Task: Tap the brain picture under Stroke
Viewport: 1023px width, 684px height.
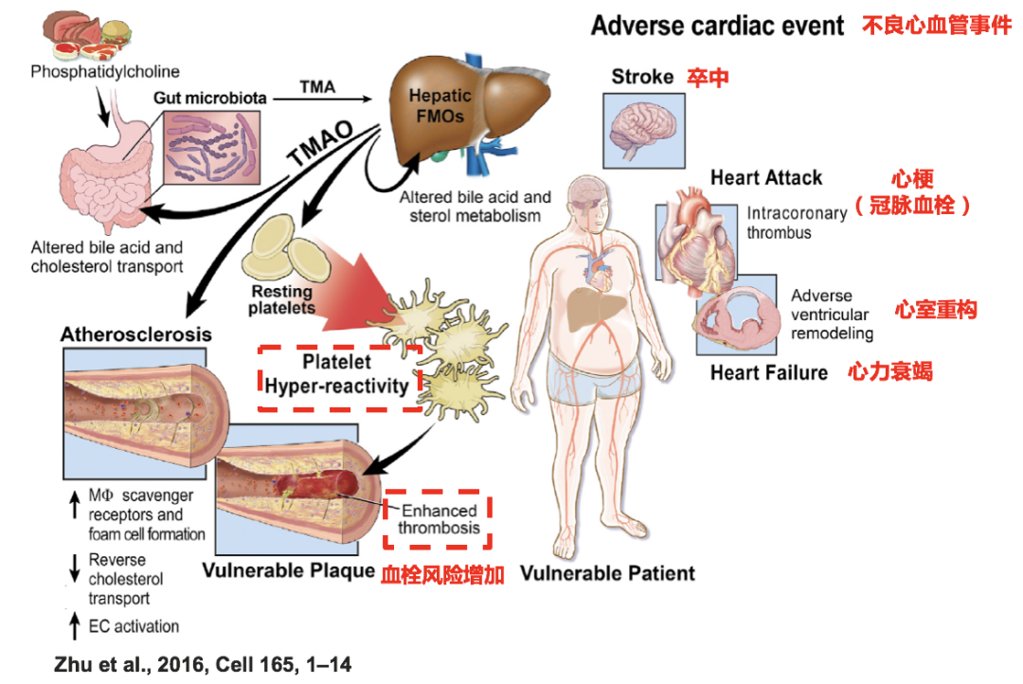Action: click(x=643, y=128)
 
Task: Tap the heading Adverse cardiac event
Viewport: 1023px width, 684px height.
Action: click(x=717, y=26)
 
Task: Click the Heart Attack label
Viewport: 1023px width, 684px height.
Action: click(x=766, y=177)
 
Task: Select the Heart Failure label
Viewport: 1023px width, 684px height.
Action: click(x=768, y=372)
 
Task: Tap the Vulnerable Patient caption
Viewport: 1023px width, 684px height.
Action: click(x=607, y=573)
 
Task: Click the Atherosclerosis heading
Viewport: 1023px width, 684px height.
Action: click(x=135, y=334)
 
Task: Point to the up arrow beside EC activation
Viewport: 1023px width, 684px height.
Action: click(x=75, y=624)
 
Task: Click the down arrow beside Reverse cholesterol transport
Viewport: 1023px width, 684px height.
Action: click(x=75, y=567)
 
